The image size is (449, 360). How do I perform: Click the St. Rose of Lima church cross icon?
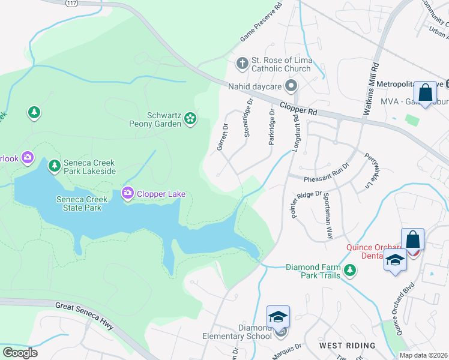click(x=242, y=63)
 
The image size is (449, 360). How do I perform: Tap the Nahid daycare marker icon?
click(x=291, y=86)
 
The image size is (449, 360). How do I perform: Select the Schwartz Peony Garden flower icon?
click(x=190, y=118)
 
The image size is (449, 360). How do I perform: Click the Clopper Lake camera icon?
click(x=127, y=193)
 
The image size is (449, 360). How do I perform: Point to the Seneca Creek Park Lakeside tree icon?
click(x=54, y=165)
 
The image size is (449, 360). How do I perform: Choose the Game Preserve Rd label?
click(x=261, y=24)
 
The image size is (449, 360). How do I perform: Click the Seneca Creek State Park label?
click(x=79, y=203)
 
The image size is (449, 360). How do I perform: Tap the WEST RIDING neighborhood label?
click(x=347, y=346)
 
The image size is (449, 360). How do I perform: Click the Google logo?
click(x=20, y=353)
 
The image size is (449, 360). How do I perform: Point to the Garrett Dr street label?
click(x=222, y=137)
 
